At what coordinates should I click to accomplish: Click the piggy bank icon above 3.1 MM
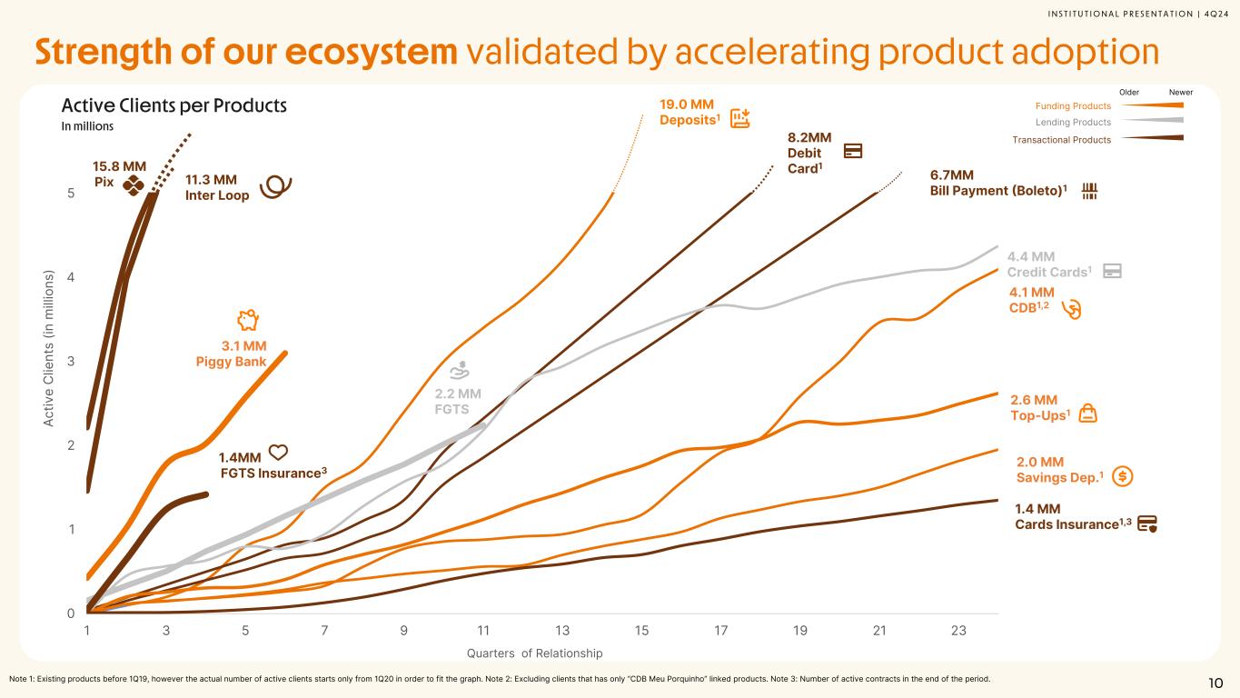[248, 319]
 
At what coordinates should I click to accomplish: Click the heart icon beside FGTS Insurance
[279, 453]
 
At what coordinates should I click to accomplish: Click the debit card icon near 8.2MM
[853, 151]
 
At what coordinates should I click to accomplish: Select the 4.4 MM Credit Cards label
[1048, 264]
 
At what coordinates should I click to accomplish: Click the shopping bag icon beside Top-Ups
[1088, 414]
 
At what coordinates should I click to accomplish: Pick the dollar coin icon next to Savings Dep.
[1122, 475]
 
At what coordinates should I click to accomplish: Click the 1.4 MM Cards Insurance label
[1072, 516]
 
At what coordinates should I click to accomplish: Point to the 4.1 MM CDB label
[1031, 299]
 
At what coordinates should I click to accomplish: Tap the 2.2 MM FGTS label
[457, 401]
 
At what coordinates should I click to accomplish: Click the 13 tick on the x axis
[562, 631]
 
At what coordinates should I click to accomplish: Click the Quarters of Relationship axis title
[534, 653]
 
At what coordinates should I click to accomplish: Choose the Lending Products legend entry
[1073, 122]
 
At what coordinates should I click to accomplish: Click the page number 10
[1215, 683]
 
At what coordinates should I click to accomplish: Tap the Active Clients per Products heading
[174, 105]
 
